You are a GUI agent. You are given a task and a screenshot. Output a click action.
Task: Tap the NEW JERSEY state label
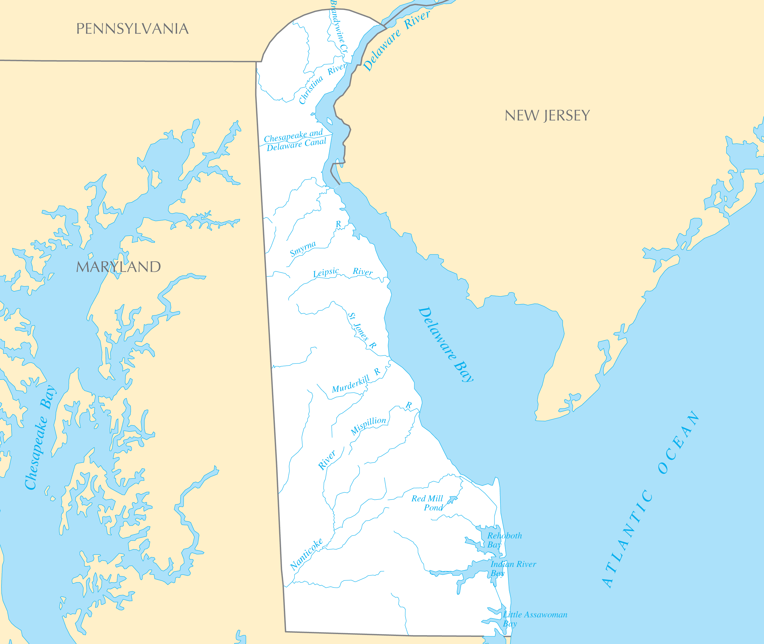547,116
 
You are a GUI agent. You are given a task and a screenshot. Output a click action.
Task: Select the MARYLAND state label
118,267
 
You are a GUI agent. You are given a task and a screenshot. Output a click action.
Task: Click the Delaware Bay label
445,344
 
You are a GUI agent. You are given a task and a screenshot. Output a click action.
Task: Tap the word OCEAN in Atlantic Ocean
679,442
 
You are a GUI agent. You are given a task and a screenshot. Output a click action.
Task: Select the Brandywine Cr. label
339,27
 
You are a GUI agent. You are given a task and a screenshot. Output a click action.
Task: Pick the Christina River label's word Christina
311,89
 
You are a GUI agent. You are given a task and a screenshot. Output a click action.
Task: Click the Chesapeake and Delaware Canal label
295,140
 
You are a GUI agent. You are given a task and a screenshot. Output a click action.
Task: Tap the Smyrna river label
302,249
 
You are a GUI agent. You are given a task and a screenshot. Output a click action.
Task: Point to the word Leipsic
326,273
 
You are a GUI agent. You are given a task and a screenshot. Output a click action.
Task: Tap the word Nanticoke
306,554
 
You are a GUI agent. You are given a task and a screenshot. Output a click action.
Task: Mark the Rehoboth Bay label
504,540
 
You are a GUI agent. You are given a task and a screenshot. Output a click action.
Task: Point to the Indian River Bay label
512,569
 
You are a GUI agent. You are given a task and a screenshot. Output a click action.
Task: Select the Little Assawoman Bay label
534,619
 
